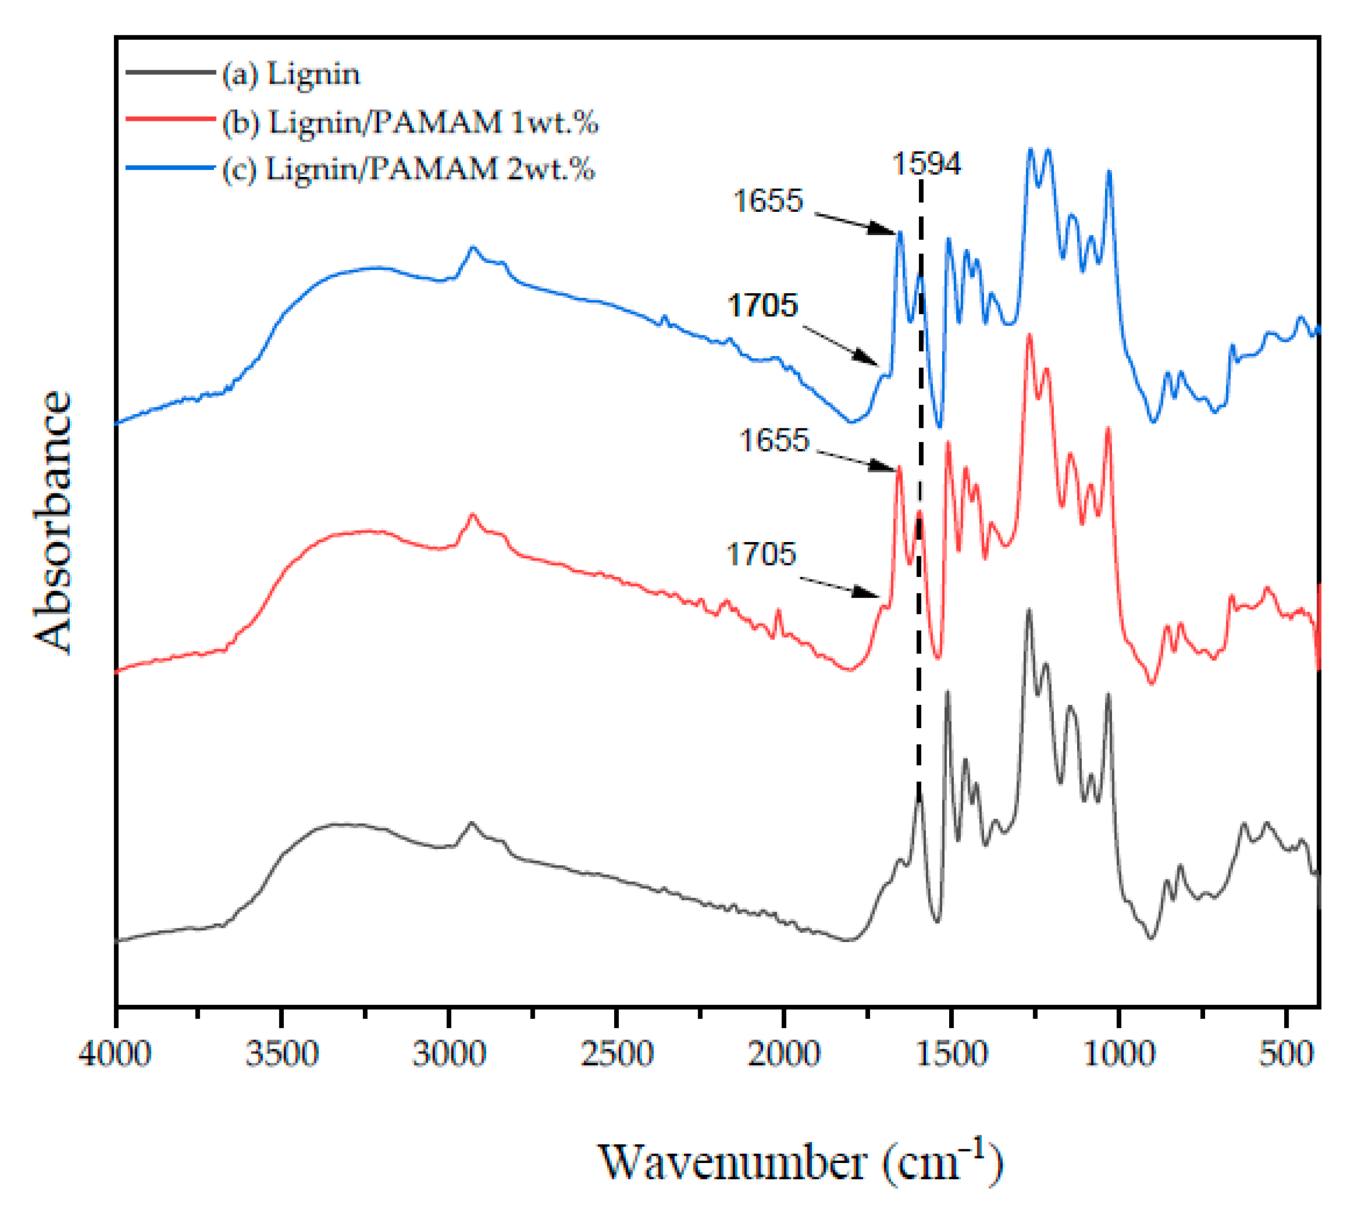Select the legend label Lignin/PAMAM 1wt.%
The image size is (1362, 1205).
pyautogui.click(x=410, y=122)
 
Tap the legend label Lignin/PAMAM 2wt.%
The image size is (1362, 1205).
pyautogui.click(x=408, y=169)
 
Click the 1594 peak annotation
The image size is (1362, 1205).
pyautogui.click(x=926, y=164)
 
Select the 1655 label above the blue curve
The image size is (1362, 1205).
pyautogui.click(x=769, y=201)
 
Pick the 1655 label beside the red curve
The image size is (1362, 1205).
pyautogui.click(x=774, y=440)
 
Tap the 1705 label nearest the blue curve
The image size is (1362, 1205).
pyautogui.click(x=762, y=305)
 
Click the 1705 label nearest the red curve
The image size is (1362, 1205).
pyautogui.click(x=761, y=554)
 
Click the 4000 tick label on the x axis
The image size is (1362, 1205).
pyautogui.click(x=115, y=1054)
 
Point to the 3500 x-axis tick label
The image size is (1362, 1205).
pyautogui.click(x=282, y=1054)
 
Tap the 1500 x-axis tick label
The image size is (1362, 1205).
pyautogui.click(x=952, y=1054)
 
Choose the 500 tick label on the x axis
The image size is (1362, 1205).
pyautogui.click(x=1286, y=1054)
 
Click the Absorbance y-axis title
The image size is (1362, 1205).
pyautogui.click(x=53, y=521)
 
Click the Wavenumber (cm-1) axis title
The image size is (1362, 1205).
pyautogui.click(x=799, y=1163)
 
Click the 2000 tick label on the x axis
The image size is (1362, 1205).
pyautogui.click(x=784, y=1054)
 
